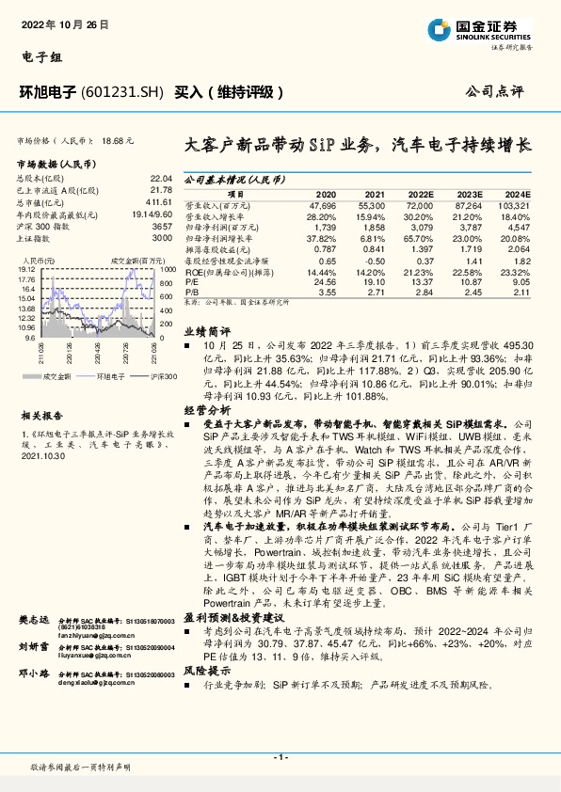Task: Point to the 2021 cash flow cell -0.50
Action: click(x=375, y=260)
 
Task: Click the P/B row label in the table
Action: click(x=190, y=291)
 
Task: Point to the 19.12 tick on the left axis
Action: click(x=26, y=268)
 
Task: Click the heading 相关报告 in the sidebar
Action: click(x=41, y=414)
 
